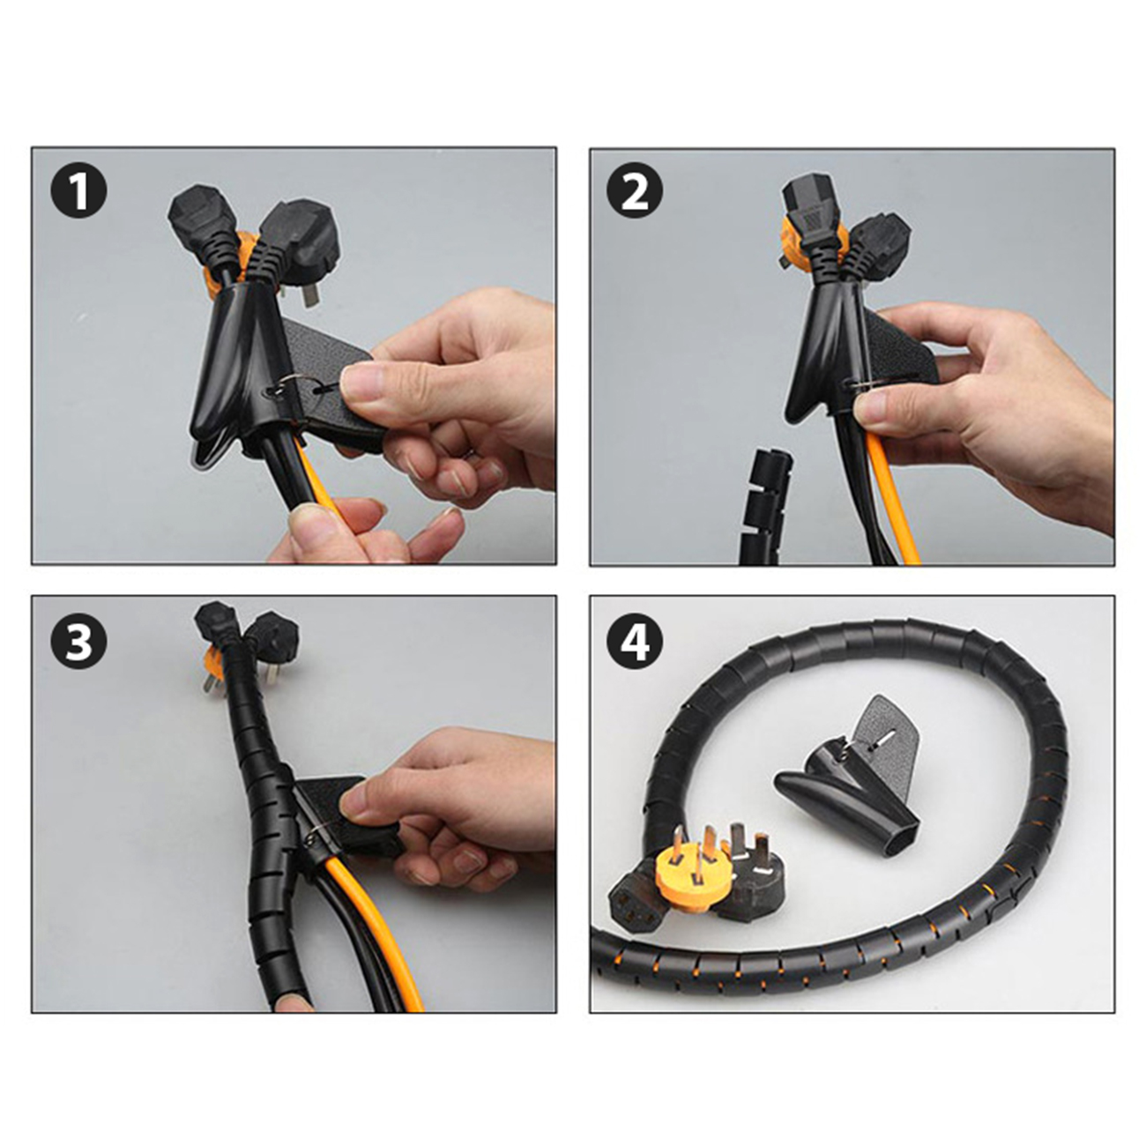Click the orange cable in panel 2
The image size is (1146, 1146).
click(891, 500)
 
